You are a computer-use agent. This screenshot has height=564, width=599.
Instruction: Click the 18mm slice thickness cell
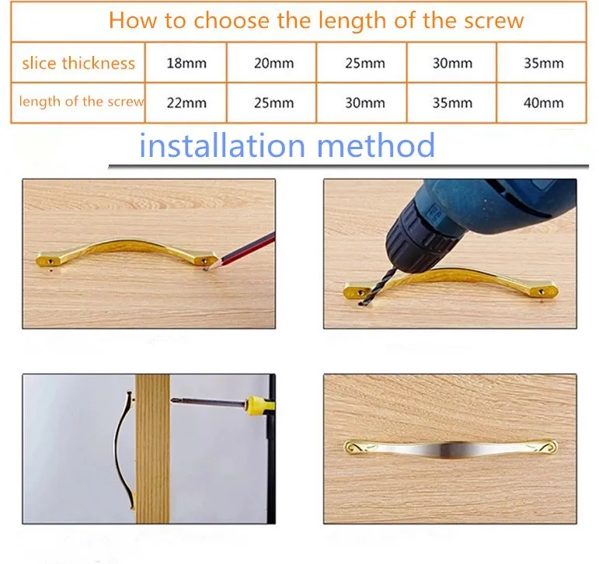186,63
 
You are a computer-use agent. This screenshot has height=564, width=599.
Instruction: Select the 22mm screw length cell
186,103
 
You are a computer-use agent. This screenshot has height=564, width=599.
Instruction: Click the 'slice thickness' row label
78,63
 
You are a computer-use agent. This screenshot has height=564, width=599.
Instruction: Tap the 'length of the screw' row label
82,102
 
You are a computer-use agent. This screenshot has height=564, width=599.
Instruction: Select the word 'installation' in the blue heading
222,145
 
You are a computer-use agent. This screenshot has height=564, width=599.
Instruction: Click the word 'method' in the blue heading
376,145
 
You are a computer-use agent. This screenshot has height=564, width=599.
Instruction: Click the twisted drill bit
371,286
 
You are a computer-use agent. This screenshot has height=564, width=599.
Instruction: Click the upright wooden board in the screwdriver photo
152,448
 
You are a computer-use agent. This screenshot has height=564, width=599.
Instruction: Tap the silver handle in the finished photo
451,447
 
